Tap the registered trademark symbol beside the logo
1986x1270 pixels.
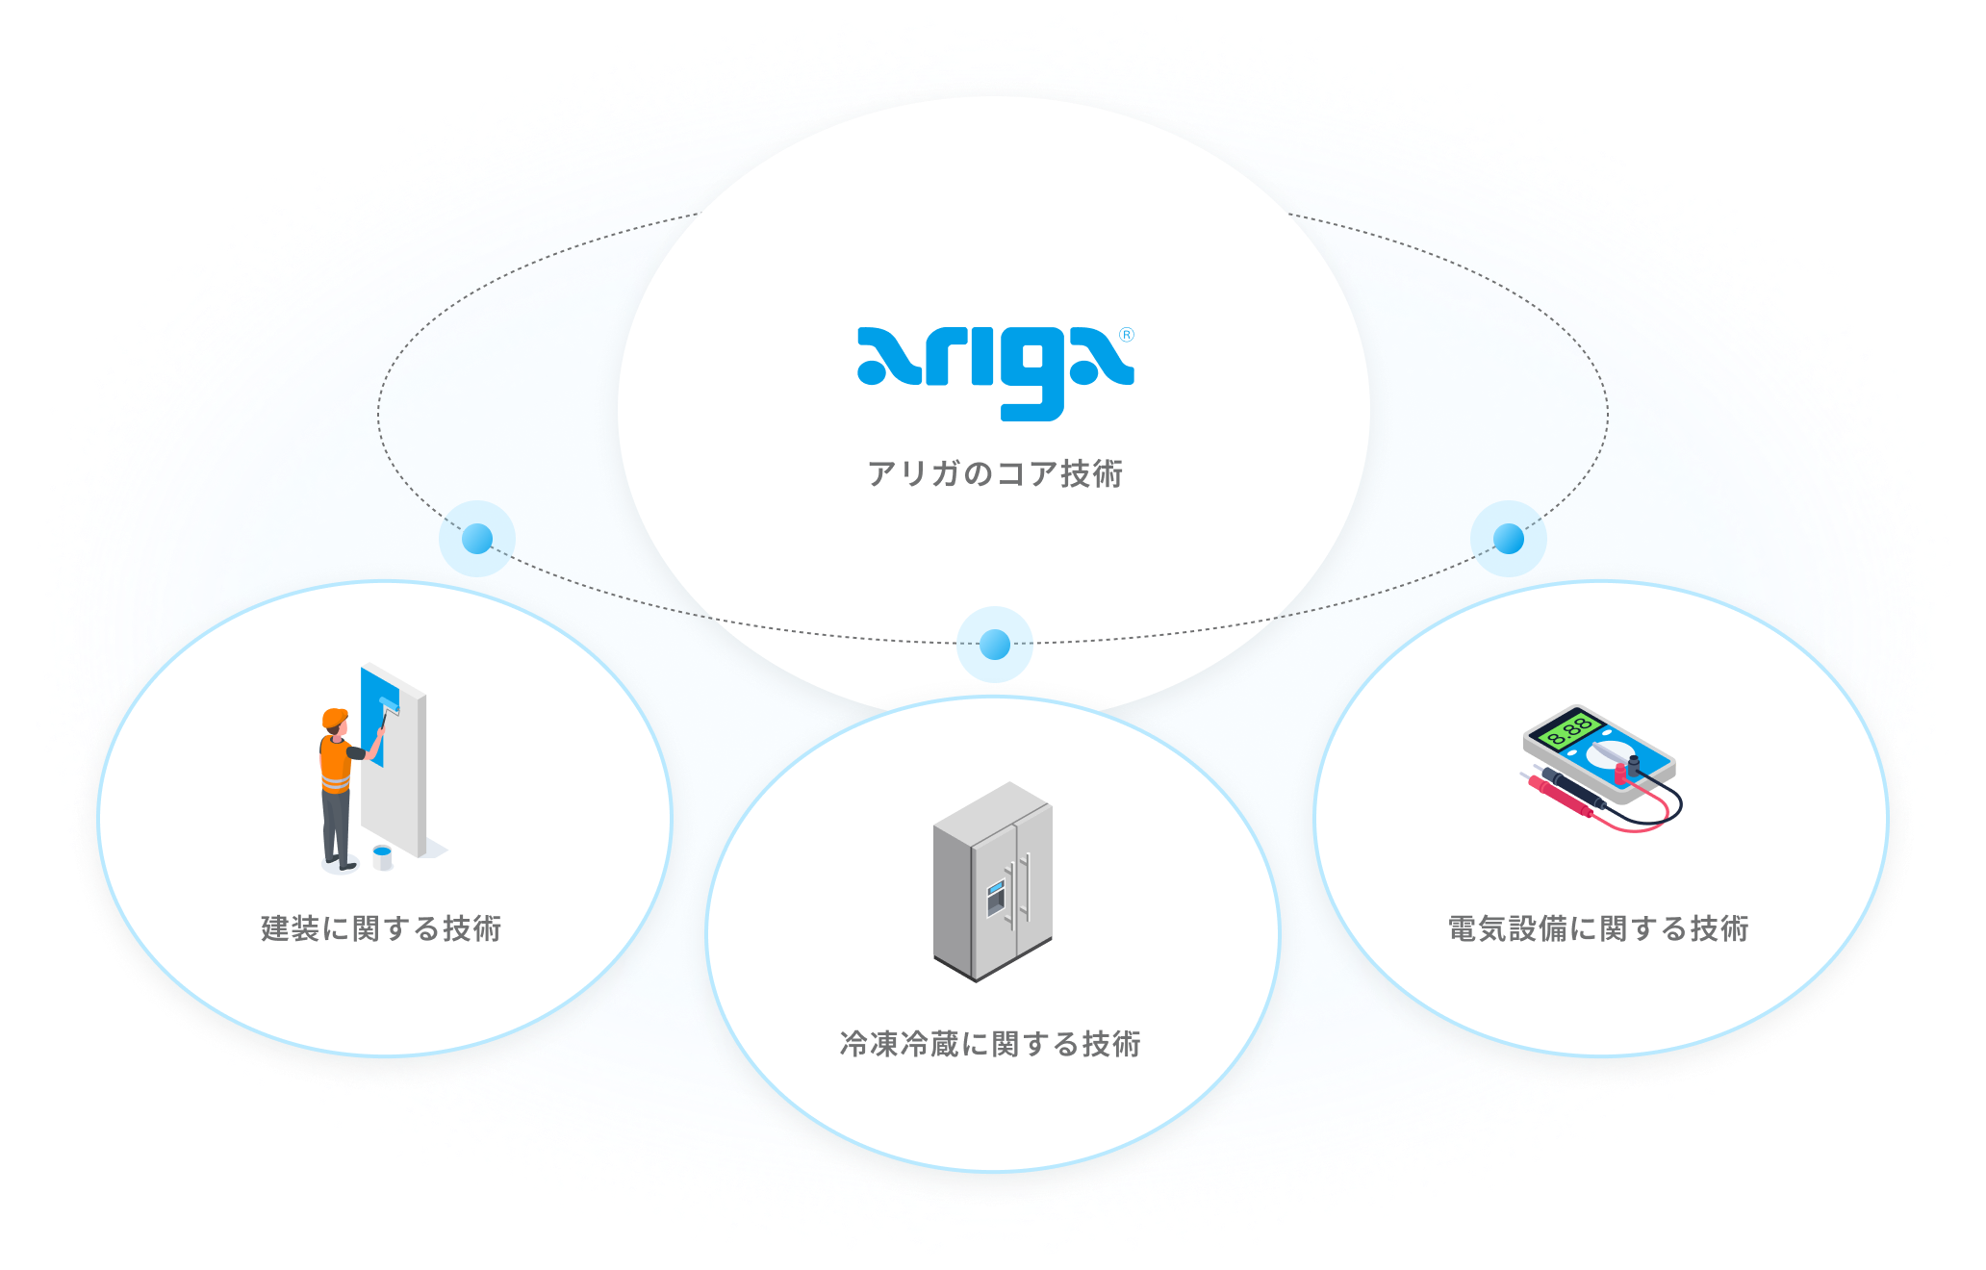pyautogui.click(x=1127, y=335)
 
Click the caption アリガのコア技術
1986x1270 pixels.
pyautogui.click(x=995, y=474)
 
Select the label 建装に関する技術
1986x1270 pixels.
pyautogui.click(x=381, y=928)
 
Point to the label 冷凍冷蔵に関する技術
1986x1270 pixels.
pyautogui.click(x=990, y=1044)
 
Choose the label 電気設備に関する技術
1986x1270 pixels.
pyautogui.click(x=1598, y=928)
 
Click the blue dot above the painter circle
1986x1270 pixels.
pyautogui.click(x=477, y=539)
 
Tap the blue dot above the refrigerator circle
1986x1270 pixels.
pyautogui.click(x=995, y=645)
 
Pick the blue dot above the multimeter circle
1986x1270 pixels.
pyautogui.click(x=1508, y=539)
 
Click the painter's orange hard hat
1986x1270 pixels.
pyautogui.click(x=335, y=718)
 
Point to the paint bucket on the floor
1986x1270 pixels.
pyautogui.click(x=382, y=856)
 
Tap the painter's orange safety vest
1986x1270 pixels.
pyautogui.click(x=335, y=765)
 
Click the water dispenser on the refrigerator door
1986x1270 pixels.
pyautogui.click(x=995, y=898)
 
